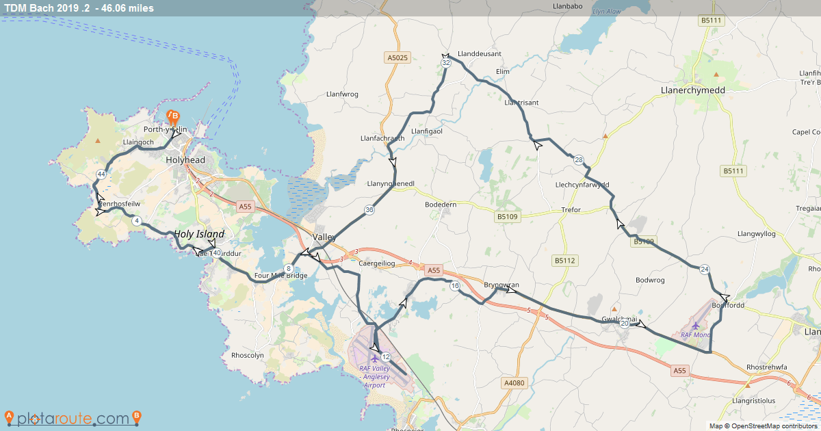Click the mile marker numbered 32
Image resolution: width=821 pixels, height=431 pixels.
(446, 63)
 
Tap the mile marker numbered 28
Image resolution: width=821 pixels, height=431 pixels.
(579, 160)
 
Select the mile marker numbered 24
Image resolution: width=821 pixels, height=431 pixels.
(705, 270)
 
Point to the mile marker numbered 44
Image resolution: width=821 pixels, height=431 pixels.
(101, 174)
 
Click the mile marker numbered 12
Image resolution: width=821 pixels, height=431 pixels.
(386, 356)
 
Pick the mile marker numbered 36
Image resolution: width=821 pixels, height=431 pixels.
(369, 210)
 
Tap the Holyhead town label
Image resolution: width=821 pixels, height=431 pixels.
(185, 160)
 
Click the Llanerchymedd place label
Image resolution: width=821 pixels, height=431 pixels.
(693, 90)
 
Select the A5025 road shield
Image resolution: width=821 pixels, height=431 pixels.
(398, 58)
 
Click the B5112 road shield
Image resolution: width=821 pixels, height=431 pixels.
(565, 261)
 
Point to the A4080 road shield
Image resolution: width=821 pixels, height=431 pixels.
(512, 383)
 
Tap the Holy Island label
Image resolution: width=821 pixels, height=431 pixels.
(199, 234)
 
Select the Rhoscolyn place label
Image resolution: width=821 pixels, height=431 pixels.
(248, 356)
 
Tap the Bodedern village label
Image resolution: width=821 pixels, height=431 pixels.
(445, 205)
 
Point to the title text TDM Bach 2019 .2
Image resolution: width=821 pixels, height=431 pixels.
(48, 8)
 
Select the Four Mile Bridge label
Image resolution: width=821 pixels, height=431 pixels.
(280, 276)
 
